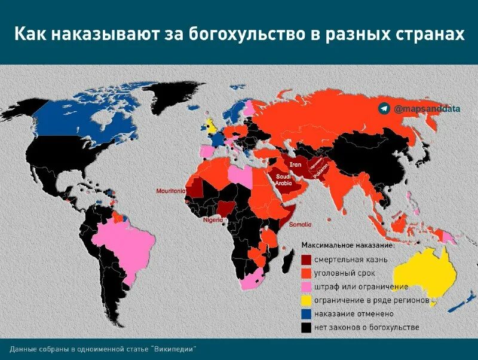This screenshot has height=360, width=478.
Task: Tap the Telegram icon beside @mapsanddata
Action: [383, 108]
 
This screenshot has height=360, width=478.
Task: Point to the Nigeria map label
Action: [213, 219]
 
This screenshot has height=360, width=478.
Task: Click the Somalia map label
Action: [300, 224]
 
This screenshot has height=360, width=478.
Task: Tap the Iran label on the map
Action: [296, 164]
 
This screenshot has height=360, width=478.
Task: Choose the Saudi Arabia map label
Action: [283, 179]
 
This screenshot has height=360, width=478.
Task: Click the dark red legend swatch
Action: [306, 260]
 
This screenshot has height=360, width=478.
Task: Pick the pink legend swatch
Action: [306, 287]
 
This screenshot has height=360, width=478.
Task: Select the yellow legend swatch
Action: [306, 300]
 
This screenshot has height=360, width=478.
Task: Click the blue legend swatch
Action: [306, 314]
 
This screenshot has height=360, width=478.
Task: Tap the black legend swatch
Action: [306, 328]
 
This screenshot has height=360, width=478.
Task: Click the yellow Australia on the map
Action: [425, 273]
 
